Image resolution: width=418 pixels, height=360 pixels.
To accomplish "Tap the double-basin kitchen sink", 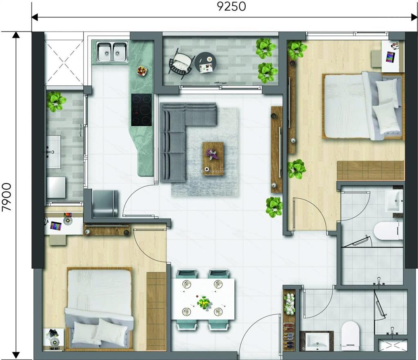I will tap(112, 51).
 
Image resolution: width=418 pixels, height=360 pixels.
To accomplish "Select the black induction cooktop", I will tap(141, 110).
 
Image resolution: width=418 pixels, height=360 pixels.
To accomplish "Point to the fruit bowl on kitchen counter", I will tap(142, 71).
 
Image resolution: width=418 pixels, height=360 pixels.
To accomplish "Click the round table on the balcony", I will tap(207, 63).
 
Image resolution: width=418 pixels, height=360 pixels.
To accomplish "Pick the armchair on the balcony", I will tap(180, 62).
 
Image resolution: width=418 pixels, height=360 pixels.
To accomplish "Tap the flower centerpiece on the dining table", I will tap(203, 303).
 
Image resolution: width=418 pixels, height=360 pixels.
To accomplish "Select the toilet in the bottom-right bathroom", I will tap(350, 335).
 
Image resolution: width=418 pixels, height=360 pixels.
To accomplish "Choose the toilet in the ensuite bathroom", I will tap(388, 231).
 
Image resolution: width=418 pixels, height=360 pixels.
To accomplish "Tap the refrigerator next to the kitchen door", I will tap(104, 203).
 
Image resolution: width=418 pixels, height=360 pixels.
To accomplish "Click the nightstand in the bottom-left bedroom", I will tap(53, 339).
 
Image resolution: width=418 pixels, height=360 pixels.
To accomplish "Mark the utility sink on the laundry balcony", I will tap(53, 152).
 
